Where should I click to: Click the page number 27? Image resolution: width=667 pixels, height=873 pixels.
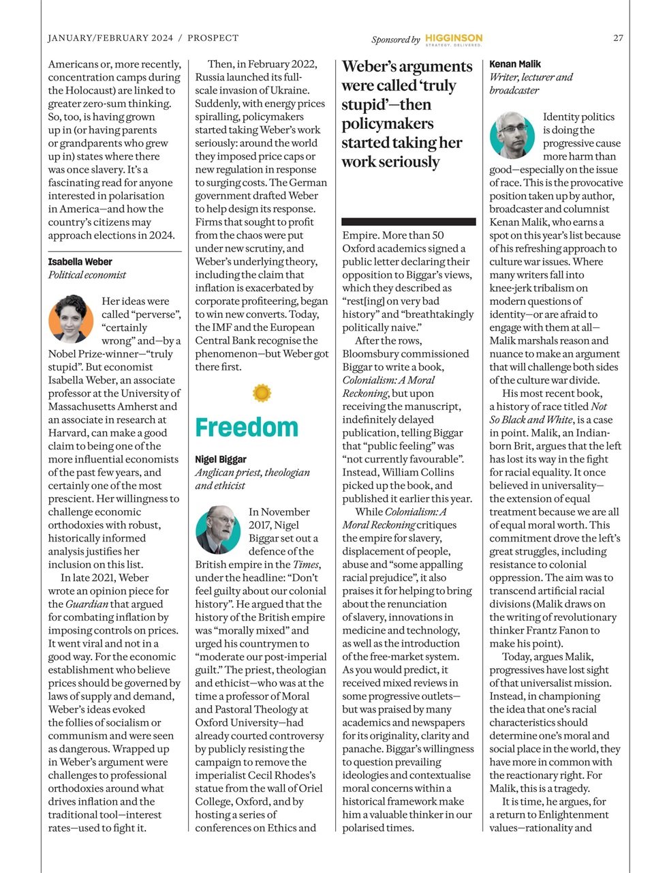tap(617, 38)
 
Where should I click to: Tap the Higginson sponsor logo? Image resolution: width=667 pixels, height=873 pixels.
tap(453, 39)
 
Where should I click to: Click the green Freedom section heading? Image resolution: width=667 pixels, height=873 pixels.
tap(247, 428)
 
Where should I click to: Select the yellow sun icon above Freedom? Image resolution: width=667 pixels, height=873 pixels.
tap(262, 393)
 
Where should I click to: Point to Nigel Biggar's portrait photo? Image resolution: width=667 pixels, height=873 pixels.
tap(218, 529)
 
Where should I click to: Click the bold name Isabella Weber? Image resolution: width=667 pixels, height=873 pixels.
tap(80, 262)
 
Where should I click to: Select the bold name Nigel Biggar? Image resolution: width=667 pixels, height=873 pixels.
tap(221, 460)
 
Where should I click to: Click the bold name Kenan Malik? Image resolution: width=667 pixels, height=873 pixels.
tap(515, 64)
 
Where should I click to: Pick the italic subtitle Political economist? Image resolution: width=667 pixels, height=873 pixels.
tap(87, 275)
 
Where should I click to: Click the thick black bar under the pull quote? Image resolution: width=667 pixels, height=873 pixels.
tap(408, 222)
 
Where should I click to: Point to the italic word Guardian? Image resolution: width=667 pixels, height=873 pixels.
tap(87, 604)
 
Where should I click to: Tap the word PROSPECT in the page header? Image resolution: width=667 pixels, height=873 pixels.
tap(213, 38)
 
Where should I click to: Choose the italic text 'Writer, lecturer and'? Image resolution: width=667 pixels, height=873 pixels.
tap(531, 77)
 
